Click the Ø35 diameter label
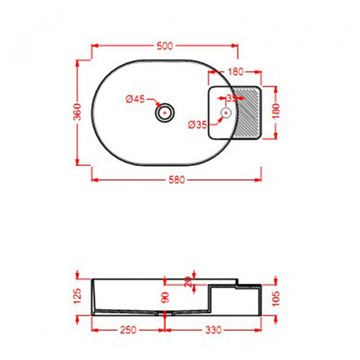click(197, 125)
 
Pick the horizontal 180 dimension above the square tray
click(235, 72)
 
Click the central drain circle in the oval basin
click(164, 112)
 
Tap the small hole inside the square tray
click(227, 112)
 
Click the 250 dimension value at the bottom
click(127, 330)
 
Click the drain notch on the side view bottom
click(164, 313)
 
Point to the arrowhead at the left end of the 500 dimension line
click(94, 46)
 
